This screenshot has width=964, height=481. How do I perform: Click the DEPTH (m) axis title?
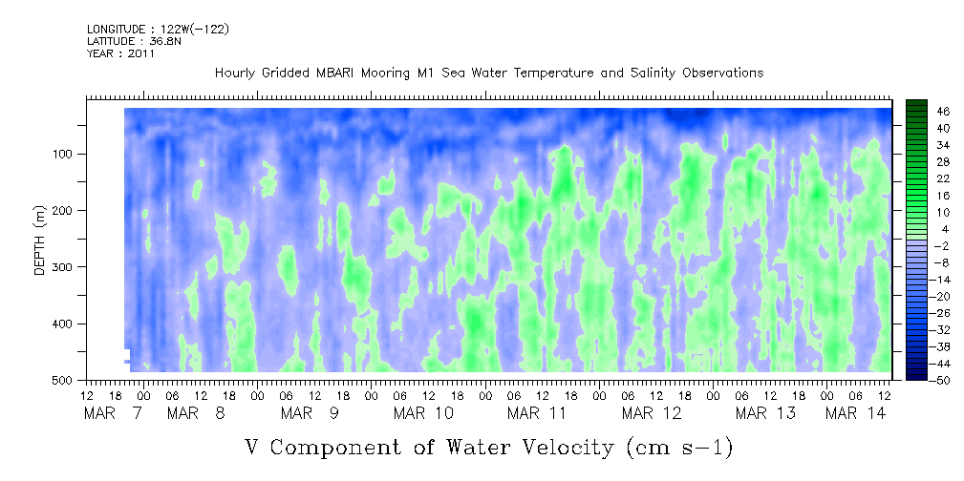[40, 240]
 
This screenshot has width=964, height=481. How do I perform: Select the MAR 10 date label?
[423, 413]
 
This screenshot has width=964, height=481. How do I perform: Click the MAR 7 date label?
[115, 413]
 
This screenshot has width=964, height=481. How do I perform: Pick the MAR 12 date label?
[652, 413]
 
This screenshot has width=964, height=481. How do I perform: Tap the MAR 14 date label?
[855, 413]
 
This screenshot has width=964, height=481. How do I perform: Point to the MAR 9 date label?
[310, 413]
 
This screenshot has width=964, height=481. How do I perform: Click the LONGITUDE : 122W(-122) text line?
[158, 29]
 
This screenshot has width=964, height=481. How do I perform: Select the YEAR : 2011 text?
[120, 53]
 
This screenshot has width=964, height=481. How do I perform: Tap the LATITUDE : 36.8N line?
[134, 41]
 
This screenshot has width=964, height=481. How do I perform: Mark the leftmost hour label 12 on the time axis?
[87, 396]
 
